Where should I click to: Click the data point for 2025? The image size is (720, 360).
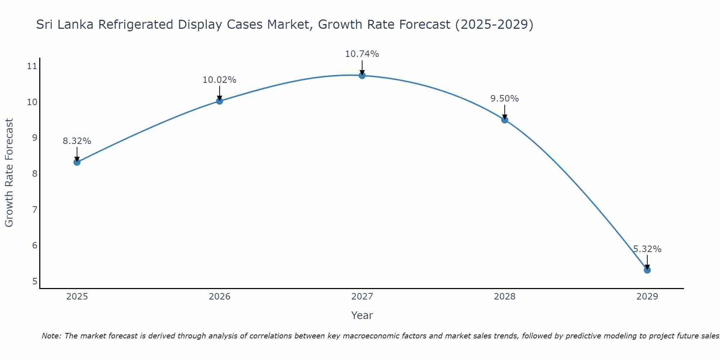[77, 162]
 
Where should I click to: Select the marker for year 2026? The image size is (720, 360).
[220, 101]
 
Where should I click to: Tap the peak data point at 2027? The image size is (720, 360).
[362, 76]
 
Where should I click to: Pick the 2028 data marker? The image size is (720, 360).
[505, 120]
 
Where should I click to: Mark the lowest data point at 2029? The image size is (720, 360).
[647, 270]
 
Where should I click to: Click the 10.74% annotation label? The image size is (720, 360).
[362, 54]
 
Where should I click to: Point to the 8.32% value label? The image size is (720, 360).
[77, 141]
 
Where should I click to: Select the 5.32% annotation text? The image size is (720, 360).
[647, 249]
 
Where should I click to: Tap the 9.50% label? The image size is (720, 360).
[504, 99]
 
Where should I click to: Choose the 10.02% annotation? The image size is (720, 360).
[219, 80]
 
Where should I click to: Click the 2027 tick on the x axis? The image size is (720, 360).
[362, 297]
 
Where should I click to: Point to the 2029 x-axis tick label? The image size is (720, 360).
[647, 297]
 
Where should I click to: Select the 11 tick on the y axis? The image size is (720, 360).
[32, 66]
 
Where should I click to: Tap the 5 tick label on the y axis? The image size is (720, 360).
[35, 281]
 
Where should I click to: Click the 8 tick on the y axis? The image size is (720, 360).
[35, 174]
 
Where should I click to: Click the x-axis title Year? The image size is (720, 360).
[362, 315]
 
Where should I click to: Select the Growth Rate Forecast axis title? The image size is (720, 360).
[9, 173]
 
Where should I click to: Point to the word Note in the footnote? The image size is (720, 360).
[51, 336]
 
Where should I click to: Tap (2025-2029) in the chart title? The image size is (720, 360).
[494, 24]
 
